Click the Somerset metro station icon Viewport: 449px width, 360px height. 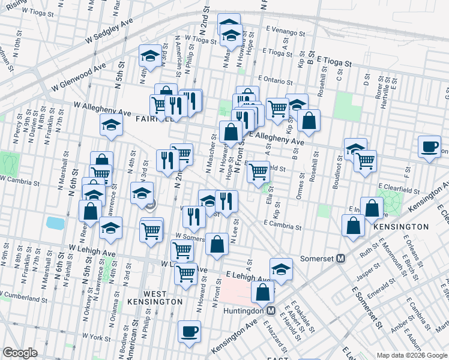[x=341, y=259]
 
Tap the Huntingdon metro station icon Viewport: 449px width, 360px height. [x=271, y=311]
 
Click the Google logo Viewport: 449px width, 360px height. [x=20, y=353]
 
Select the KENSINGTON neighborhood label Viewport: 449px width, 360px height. [x=400, y=227]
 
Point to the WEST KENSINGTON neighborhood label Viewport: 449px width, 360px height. [x=155, y=297]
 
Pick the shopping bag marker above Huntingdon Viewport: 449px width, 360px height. [x=262, y=293]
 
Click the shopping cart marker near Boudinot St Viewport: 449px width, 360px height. [x=365, y=161]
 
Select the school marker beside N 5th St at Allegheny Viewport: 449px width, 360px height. [x=112, y=125]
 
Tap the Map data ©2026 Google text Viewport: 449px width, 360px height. [x=412, y=355]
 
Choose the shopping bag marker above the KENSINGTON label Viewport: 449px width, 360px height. [x=353, y=224]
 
